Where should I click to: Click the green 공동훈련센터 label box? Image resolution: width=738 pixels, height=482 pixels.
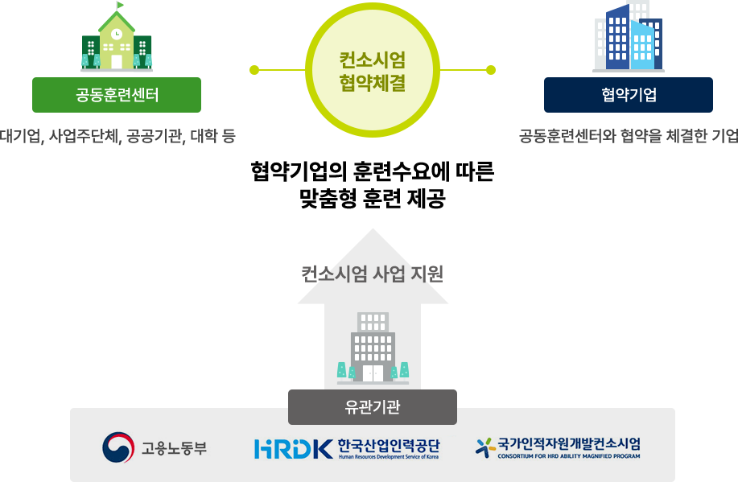(117, 95)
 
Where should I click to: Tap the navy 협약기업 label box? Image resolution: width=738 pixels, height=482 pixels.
(629, 95)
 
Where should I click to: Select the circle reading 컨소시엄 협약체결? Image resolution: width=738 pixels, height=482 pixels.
(372, 70)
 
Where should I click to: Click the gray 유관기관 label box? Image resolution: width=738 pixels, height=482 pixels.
(372, 406)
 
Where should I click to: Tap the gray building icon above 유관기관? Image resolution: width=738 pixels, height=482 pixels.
(373, 348)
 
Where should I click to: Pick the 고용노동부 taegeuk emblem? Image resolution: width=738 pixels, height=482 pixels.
(118, 447)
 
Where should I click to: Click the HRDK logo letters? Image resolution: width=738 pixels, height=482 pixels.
(292, 448)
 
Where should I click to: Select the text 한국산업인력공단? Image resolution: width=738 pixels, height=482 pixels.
(389, 444)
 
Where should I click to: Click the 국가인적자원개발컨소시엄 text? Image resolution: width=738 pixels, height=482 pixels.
(569, 443)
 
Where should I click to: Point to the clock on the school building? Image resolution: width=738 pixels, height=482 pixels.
(117, 35)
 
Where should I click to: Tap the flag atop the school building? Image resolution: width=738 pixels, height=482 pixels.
(121, 6)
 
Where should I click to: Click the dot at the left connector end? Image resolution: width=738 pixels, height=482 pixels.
(254, 69)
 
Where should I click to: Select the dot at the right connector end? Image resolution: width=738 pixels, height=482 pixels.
(490, 69)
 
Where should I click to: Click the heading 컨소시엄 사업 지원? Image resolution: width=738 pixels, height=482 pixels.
(373, 274)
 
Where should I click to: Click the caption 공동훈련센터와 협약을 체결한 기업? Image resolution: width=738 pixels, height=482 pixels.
(629, 135)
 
